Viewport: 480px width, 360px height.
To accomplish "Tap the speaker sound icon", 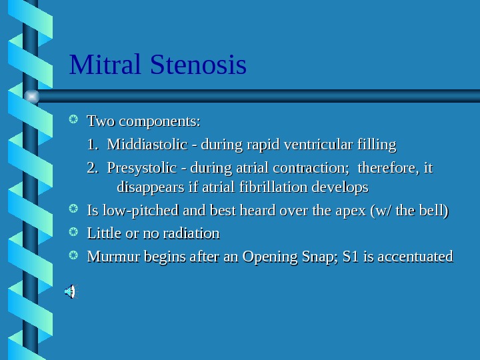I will coord(70,291).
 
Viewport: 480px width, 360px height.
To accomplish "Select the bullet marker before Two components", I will coord(75,121).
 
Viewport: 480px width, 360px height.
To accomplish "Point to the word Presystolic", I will coord(142,167).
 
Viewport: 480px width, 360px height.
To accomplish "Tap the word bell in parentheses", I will coord(434,211).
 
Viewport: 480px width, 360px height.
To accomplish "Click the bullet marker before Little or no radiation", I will coord(75,233).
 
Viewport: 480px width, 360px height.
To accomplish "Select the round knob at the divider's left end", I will coord(31,96).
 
